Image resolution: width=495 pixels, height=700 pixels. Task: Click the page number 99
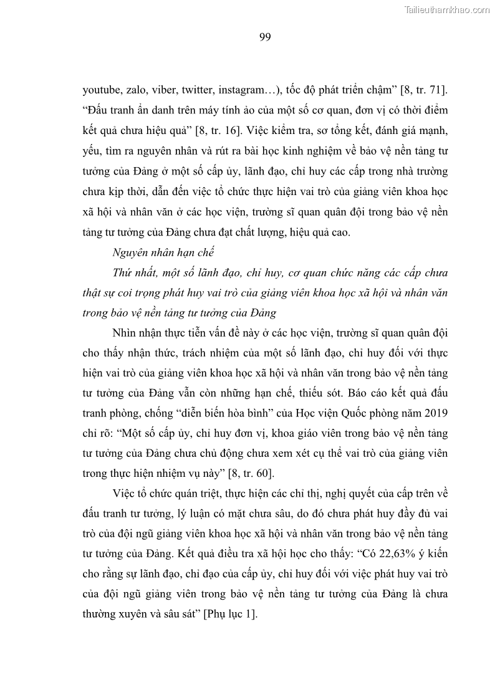(x=264, y=37)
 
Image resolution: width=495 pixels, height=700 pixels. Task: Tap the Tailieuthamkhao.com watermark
(x=448, y=9)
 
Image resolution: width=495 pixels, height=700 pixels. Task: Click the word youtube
(x=101, y=90)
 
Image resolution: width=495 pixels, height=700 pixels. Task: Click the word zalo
(x=135, y=90)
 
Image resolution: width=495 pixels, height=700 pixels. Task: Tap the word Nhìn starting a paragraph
(x=127, y=333)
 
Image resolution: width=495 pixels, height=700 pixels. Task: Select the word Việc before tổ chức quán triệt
(x=127, y=492)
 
